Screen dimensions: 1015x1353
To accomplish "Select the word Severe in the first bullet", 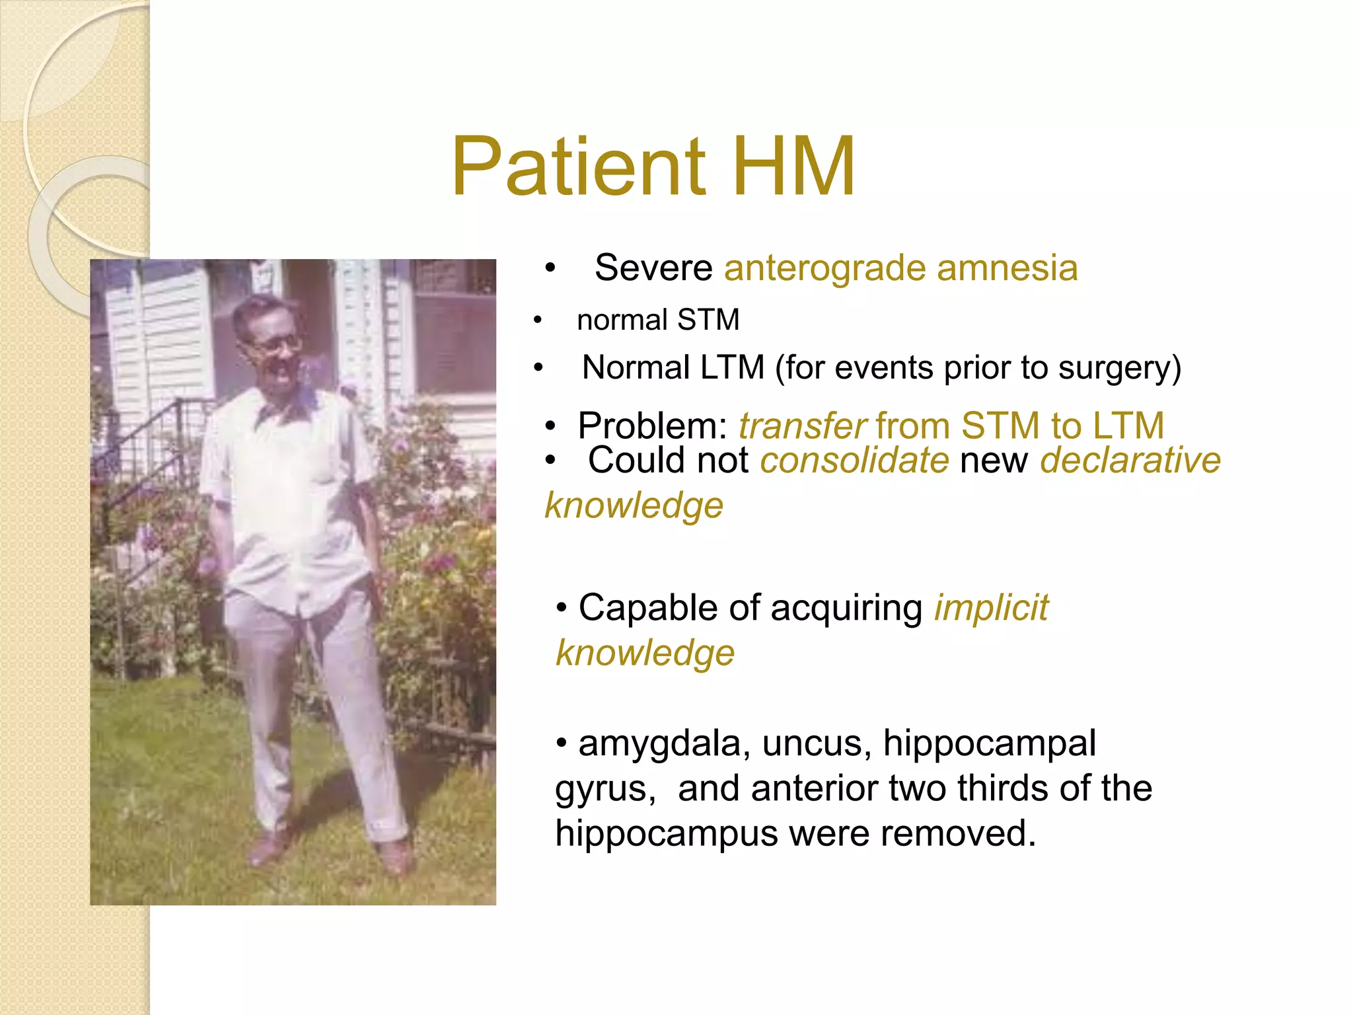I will (653, 268).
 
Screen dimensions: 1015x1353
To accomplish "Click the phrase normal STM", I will (657, 320).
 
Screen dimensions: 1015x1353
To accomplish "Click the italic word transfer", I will (801, 426).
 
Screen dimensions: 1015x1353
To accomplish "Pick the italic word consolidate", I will (854, 461).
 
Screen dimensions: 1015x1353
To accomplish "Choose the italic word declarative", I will (1130, 461).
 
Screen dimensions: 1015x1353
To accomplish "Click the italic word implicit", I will (990, 608).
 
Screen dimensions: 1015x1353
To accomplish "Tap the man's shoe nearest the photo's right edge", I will (395, 858).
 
